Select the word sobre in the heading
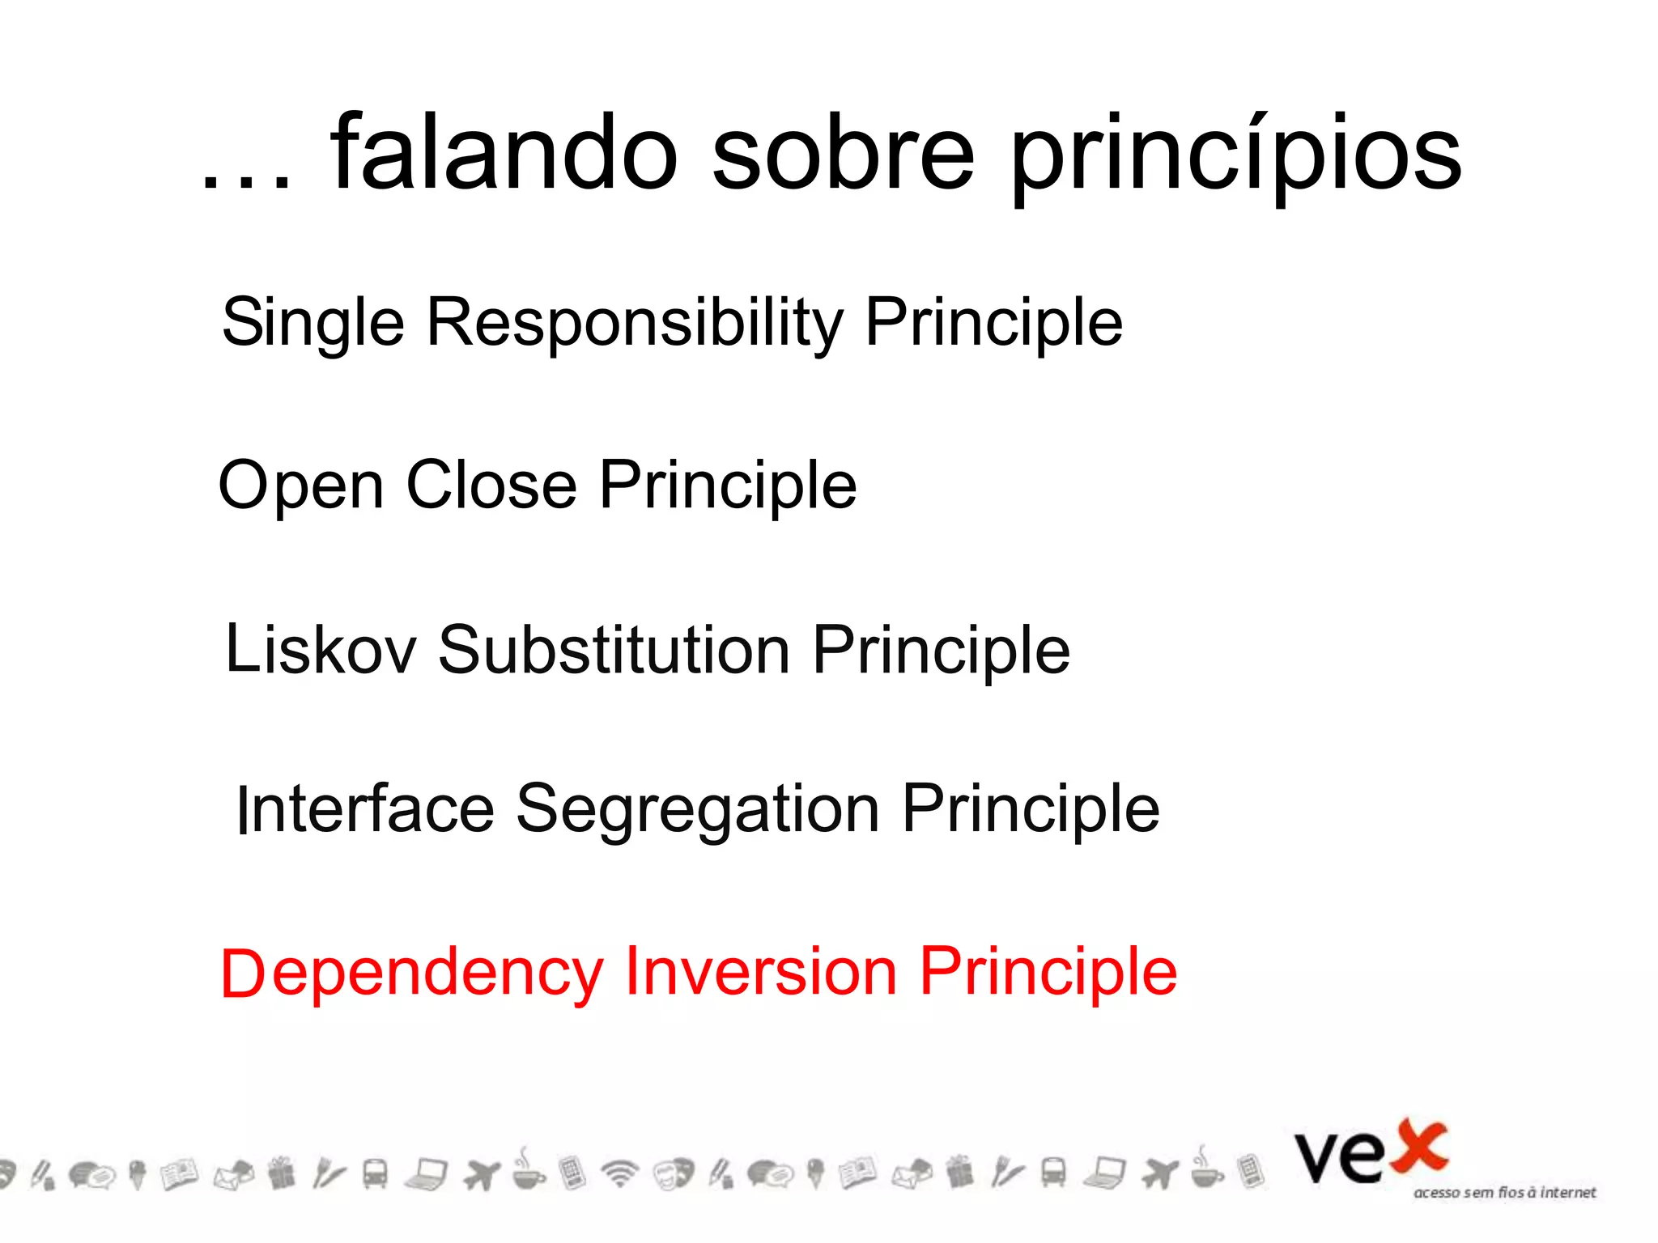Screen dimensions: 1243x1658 (x=843, y=154)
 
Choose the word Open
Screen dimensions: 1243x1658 (x=301, y=486)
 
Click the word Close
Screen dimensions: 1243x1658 (x=491, y=486)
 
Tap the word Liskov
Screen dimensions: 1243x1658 (x=321, y=650)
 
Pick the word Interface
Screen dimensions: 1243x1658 (x=365, y=809)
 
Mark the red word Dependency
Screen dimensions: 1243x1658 (x=412, y=974)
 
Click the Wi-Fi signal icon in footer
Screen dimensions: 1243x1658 (x=621, y=1173)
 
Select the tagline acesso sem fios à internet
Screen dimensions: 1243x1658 (x=1504, y=1193)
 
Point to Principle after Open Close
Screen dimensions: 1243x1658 (x=728, y=486)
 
